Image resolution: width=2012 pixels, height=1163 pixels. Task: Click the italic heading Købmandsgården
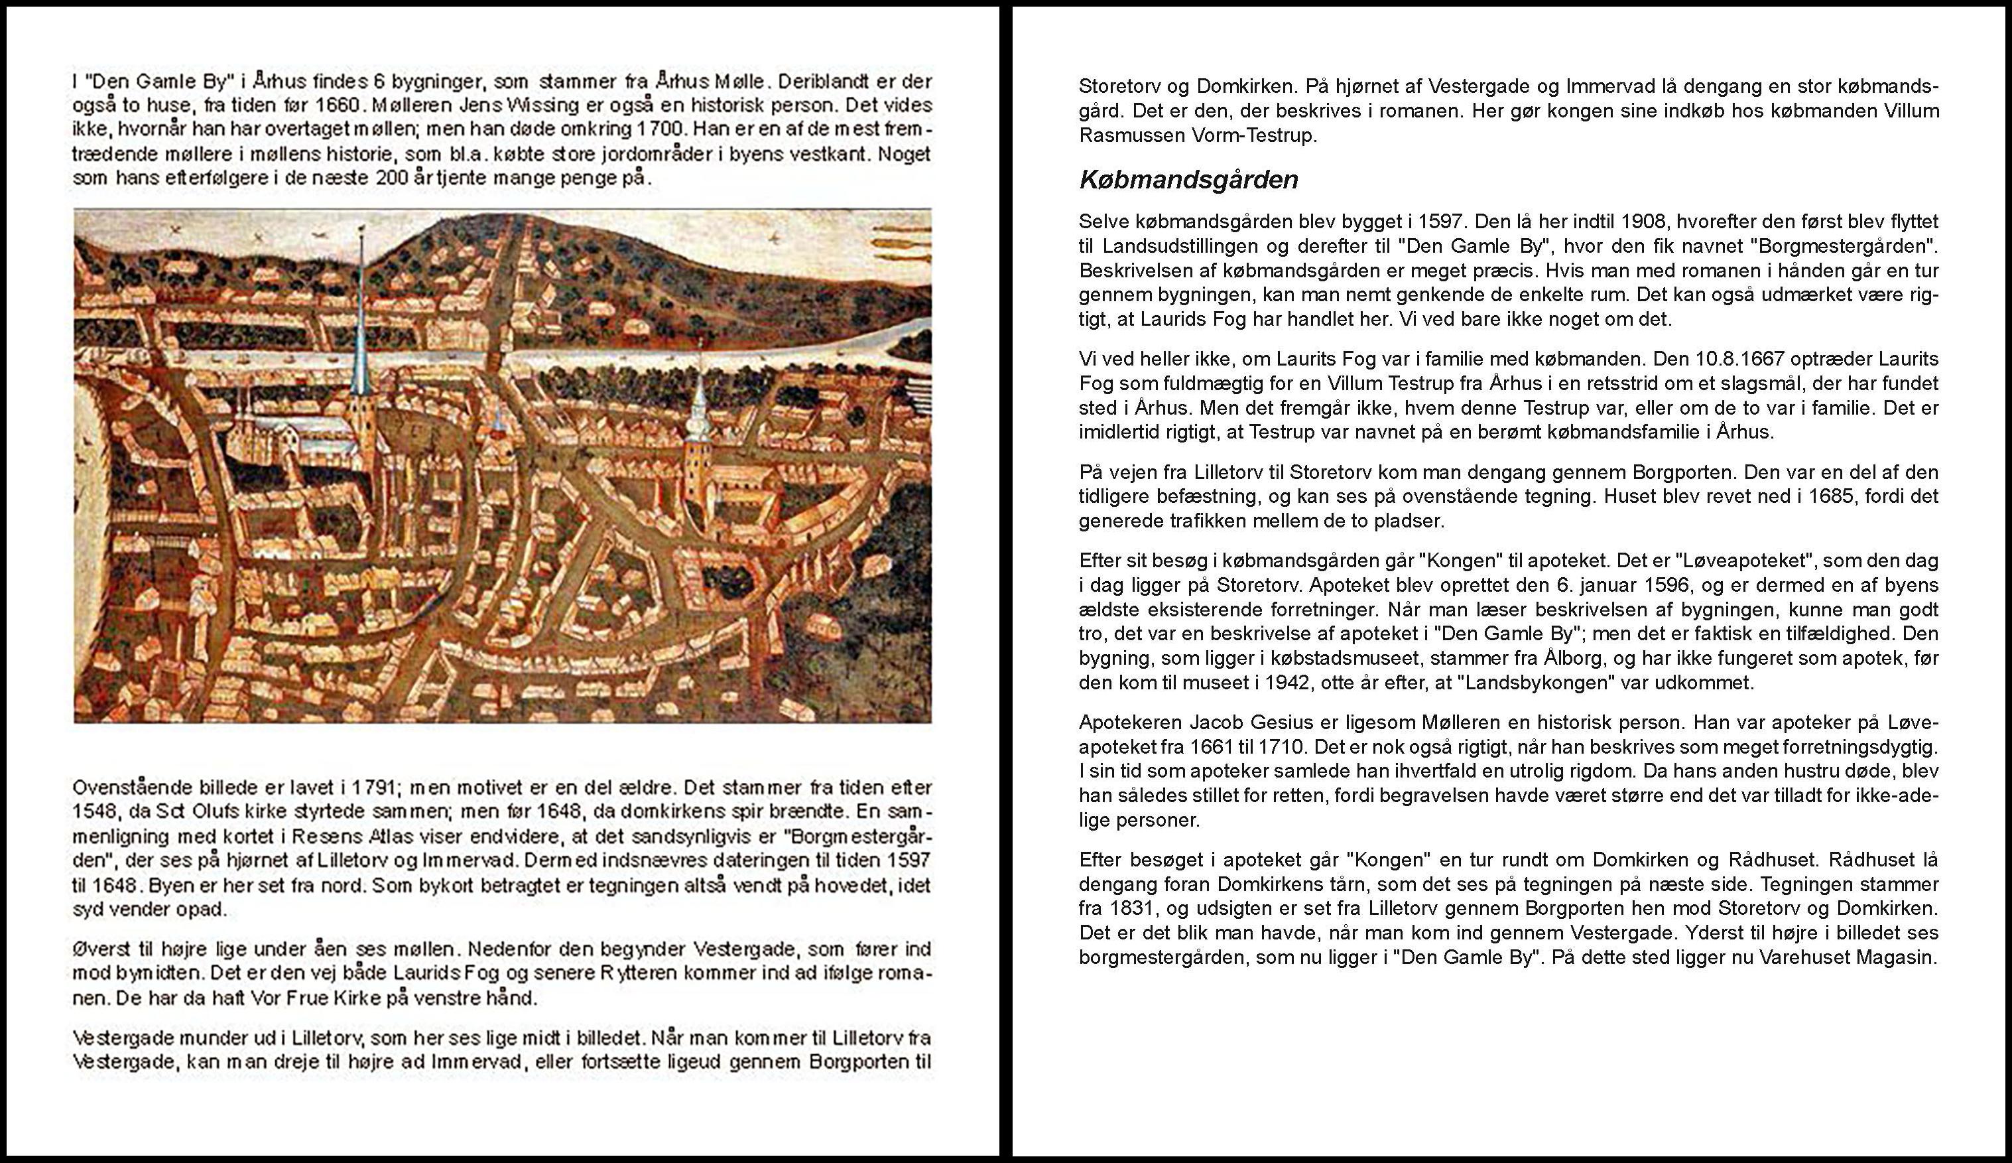coord(1188,180)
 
